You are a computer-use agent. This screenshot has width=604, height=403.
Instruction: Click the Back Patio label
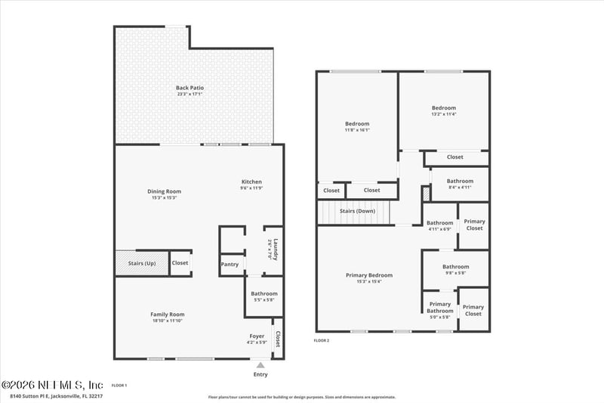(x=190, y=91)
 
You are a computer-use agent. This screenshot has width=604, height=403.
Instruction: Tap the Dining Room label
(x=164, y=194)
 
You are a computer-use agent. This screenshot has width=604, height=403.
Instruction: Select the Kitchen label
(x=251, y=184)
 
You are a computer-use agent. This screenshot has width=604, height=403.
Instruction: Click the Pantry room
(x=230, y=265)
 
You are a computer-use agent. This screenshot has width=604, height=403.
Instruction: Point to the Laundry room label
(x=276, y=250)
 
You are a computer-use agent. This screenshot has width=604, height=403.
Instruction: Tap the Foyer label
(x=257, y=339)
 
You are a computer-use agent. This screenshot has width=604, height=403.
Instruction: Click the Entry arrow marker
(x=261, y=364)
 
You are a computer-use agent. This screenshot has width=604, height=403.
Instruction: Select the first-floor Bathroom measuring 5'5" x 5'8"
(x=264, y=296)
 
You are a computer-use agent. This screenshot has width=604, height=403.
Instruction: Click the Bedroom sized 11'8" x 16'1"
(x=357, y=126)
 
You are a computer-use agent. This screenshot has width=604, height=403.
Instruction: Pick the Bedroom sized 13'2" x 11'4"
(x=444, y=110)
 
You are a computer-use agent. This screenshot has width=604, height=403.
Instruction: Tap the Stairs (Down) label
(x=357, y=211)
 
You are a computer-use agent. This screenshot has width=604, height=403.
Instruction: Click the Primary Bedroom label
(x=369, y=277)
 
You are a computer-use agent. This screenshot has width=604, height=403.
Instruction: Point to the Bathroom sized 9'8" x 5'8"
(x=456, y=269)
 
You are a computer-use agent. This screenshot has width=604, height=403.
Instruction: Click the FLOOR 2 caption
(x=322, y=341)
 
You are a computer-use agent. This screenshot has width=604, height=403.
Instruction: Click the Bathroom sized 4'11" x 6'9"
(x=439, y=225)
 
